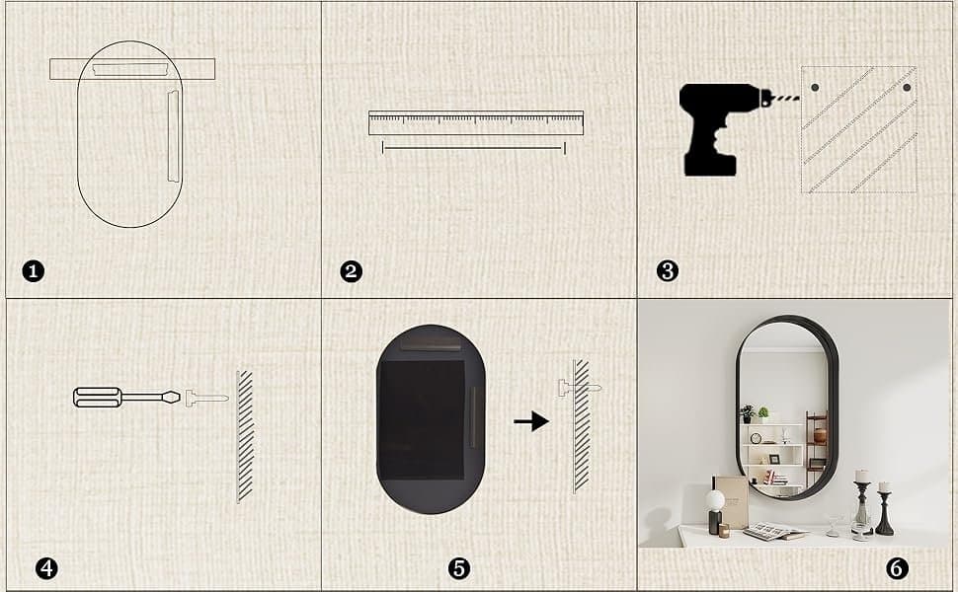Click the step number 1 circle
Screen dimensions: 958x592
tap(33, 271)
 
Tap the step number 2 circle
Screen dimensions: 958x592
tap(351, 271)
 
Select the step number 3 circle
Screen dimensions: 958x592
tap(668, 271)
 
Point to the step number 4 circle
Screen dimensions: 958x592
tap(46, 568)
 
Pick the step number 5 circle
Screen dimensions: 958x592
tap(459, 568)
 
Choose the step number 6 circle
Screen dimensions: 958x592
tap(897, 568)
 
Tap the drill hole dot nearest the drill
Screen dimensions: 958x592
tap(815, 87)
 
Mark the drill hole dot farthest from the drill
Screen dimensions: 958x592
tap(907, 87)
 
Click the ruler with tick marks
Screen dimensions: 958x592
tap(476, 122)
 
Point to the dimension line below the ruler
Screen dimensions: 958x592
tap(473, 148)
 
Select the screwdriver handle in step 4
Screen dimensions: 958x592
tap(97, 398)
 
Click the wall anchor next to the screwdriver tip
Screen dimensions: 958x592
tap(206, 398)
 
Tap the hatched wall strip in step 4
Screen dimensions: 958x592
tap(245, 436)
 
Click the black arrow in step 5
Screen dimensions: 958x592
tap(531, 421)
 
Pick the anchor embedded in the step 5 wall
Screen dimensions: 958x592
tap(579, 388)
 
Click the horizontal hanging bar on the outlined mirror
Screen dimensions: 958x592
tap(132, 69)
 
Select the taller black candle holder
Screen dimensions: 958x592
tap(861, 503)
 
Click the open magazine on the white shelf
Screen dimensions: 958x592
tap(775, 532)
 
